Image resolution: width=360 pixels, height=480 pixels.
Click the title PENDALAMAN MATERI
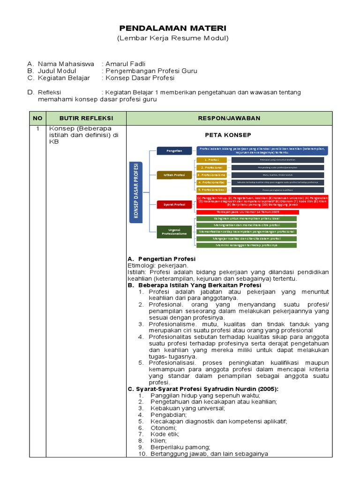[x=172, y=29]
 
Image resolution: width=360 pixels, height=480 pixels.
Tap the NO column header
[x=37, y=118]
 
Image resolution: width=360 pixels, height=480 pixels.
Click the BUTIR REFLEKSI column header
[x=86, y=118]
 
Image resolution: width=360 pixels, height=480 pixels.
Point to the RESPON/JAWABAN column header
[x=229, y=118]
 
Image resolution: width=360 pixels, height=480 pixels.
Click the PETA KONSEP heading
[x=228, y=135]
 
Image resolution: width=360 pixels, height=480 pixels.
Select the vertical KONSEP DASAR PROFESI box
[x=136, y=192]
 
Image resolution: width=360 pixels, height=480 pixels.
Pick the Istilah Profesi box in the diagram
[x=174, y=175]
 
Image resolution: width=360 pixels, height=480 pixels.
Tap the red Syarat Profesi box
[x=174, y=204]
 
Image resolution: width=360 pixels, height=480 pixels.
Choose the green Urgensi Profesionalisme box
[x=174, y=232]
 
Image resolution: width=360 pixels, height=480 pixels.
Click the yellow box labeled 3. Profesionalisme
[x=211, y=174]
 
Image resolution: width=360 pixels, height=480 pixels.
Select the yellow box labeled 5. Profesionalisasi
[x=211, y=190]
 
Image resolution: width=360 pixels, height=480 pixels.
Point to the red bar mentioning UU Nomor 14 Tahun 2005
[x=247, y=212]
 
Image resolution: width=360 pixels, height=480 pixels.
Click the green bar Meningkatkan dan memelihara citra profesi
[x=247, y=225]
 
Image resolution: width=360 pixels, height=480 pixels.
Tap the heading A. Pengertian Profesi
[x=162, y=259]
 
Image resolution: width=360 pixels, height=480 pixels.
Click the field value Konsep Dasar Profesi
[x=140, y=78]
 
